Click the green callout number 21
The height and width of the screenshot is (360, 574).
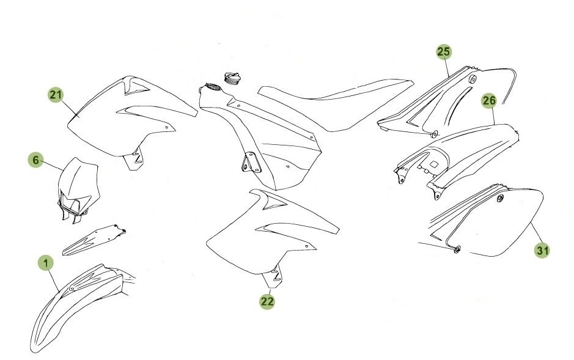pos(56,95)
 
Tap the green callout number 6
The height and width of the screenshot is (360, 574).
pos(35,160)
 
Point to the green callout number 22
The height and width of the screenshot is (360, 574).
pos(267,301)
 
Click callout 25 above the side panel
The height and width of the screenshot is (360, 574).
pos(444,51)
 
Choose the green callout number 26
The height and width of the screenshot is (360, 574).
pos(488,100)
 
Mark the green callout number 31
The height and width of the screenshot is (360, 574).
pos(542,250)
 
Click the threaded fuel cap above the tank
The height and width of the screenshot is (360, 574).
pos(233,78)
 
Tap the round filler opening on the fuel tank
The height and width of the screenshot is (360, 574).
pos(210,87)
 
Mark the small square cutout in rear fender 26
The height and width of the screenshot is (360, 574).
pos(435,163)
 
